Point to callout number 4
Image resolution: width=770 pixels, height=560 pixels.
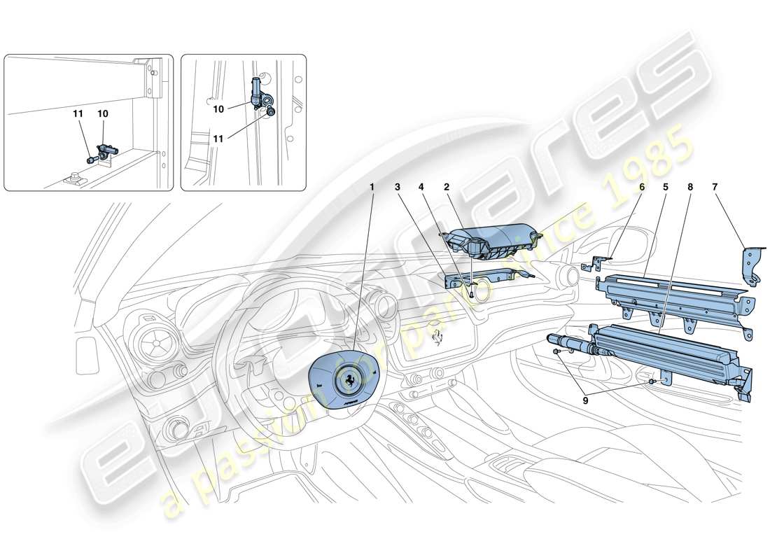tap(421, 188)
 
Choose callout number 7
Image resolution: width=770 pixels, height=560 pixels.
tap(715, 188)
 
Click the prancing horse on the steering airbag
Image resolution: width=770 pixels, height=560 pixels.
tap(347, 380)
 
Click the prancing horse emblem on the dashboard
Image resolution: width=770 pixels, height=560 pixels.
tap(437, 337)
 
